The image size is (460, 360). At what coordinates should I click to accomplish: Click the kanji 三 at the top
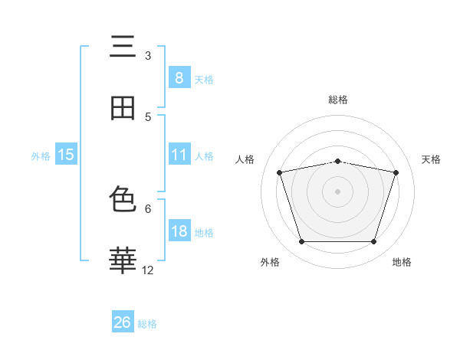(123, 46)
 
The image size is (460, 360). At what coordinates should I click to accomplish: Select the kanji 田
(123, 108)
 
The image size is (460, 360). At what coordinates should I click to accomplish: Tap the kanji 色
(123, 198)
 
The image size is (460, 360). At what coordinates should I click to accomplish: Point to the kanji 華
(123, 260)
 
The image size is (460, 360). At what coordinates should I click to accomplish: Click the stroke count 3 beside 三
(148, 56)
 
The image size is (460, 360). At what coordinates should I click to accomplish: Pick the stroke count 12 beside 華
(147, 270)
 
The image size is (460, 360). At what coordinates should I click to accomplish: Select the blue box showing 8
(179, 77)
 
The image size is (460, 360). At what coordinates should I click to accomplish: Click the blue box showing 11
(179, 154)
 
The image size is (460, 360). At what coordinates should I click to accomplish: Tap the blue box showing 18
(179, 230)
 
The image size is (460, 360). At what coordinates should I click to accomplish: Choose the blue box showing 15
(66, 154)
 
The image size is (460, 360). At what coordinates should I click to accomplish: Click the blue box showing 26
(123, 321)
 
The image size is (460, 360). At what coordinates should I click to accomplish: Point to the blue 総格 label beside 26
(147, 324)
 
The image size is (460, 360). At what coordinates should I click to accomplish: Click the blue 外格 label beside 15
(41, 156)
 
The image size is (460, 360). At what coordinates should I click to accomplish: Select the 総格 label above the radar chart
(338, 100)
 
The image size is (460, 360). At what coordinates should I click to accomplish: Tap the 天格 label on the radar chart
(431, 159)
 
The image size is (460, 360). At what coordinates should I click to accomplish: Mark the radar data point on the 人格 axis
(280, 172)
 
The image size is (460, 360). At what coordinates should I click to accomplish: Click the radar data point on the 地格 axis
(374, 242)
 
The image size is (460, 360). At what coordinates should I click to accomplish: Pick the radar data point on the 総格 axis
(337, 162)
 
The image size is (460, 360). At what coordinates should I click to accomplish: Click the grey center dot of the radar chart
(337, 191)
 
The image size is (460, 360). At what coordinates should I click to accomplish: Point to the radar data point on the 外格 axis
(302, 242)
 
